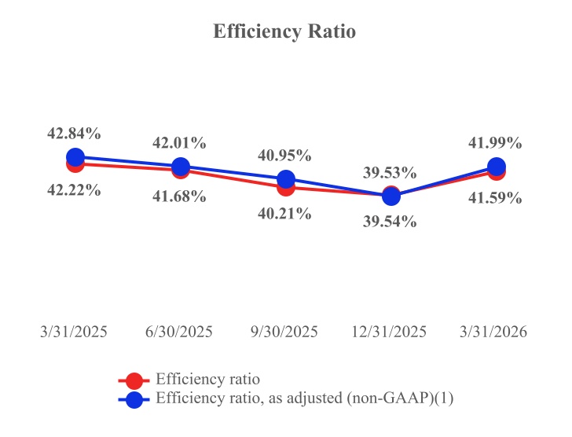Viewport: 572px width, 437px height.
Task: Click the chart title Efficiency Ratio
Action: click(x=285, y=32)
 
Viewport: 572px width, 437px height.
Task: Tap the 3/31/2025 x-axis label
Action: click(x=74, y=332)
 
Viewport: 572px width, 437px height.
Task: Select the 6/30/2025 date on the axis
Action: click(x=180, y=332)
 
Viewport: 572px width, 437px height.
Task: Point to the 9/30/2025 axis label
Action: click(x=285, y=332)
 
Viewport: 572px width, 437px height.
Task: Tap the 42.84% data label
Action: click(x=74, y=133)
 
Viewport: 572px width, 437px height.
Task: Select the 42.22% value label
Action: click(x=74, y=189)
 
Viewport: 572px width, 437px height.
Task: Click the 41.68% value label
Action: click(x=180, y=196)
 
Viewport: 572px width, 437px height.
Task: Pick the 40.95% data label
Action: click(x=285, y=156)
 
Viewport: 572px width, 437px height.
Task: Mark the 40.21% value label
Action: click(x=285, y=214)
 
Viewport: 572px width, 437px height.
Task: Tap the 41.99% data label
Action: click(x=496, y=142)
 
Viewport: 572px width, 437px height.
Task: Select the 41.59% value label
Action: click(x=496, y=198)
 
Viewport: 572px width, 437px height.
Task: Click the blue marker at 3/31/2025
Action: click(x=75, y=157)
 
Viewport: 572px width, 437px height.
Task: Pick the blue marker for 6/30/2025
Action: click(x=180, y=167)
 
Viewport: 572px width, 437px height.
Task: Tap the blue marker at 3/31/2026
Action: click(x=496, y=167)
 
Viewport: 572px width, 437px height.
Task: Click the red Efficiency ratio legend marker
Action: click(x=134, y=380)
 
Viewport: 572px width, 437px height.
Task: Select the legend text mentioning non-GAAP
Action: click(x=305, y=398)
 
